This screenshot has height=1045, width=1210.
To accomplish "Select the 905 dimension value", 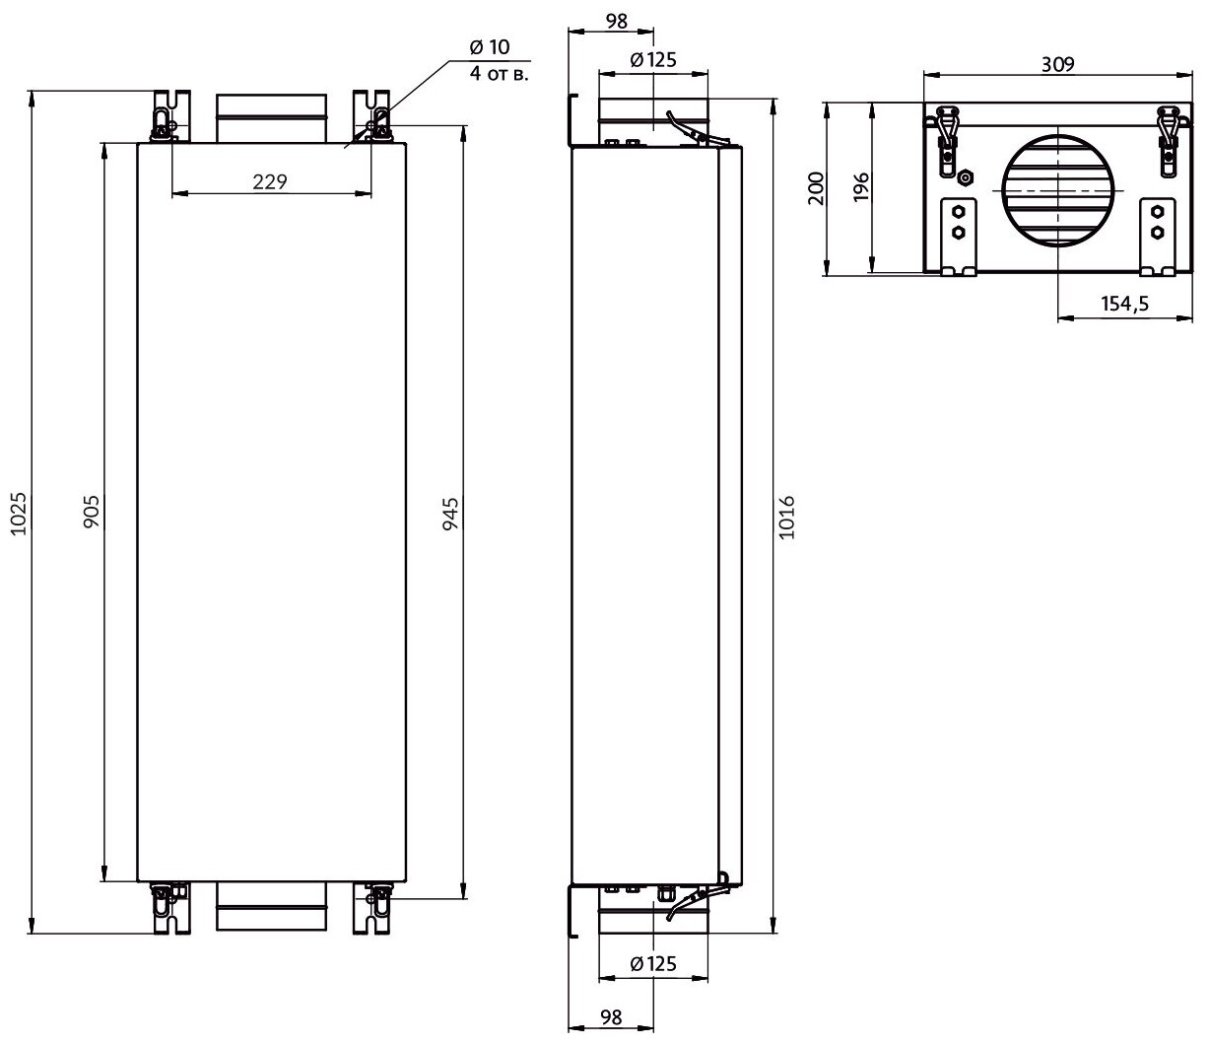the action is point(91,513).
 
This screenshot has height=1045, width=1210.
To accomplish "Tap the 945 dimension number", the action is point(451,513).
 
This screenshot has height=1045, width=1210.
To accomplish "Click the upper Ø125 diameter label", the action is point(652,60).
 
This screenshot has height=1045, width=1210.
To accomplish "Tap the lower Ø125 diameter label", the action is point(652,964).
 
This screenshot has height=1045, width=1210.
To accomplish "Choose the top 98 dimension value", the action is point(612,19).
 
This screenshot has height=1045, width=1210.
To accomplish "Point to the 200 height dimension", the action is point(815,187).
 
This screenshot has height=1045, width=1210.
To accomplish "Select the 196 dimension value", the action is point(859,187).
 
